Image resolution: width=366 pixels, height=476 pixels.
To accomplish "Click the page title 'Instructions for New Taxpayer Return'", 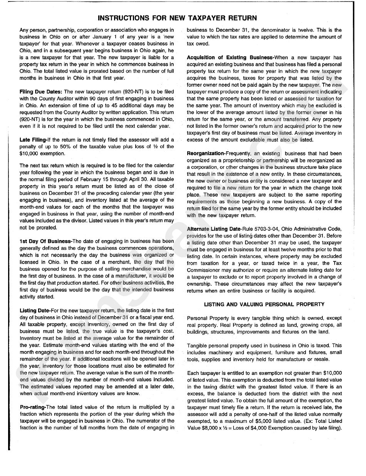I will coord(177,18).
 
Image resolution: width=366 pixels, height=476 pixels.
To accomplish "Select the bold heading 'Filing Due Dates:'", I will coord(41,92).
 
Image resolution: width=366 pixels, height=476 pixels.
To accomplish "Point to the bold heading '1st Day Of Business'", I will coord(45,241).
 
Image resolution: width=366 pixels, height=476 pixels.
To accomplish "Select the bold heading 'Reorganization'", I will coord(206,154).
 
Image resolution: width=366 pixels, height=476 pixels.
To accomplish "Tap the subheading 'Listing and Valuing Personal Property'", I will coord(264,304).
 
